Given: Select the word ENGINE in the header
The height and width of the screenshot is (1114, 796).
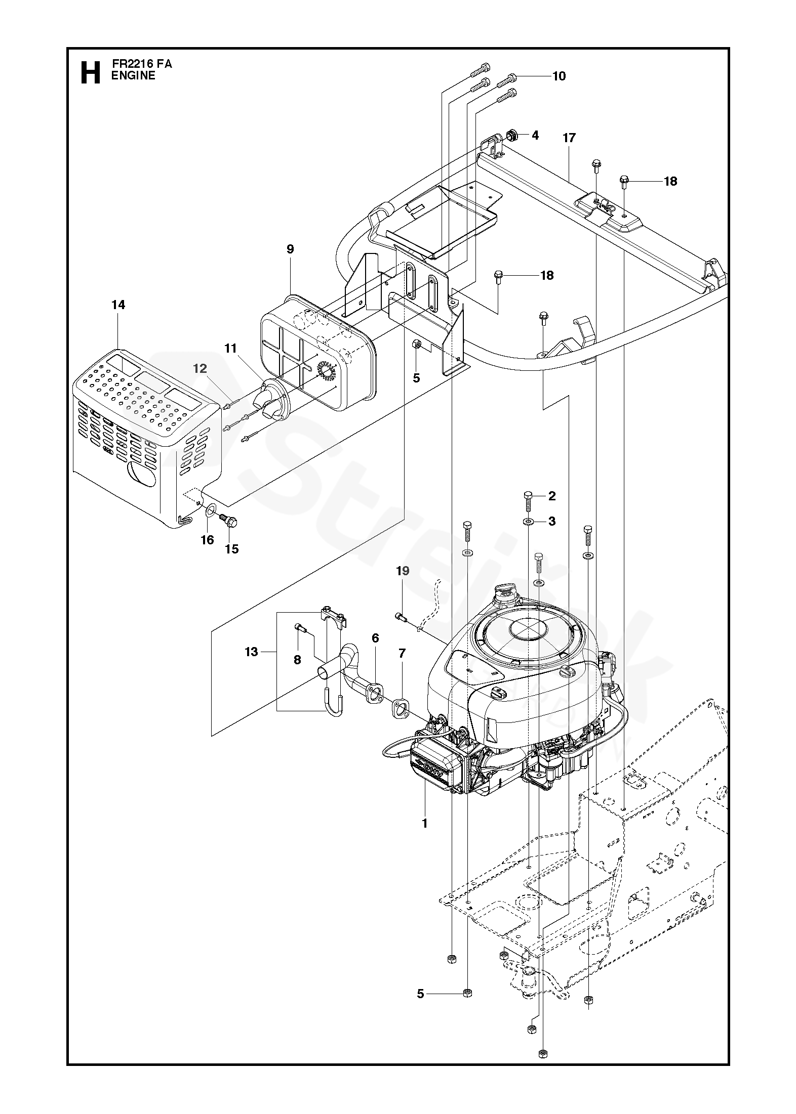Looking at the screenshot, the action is pyautogui.click(x=134, y=76).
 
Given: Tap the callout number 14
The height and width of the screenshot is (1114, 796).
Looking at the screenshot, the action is pyautogui.click(x=118, y=305).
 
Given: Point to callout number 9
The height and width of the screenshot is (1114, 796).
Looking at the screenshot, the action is pyautogui.click(x=290, y=249).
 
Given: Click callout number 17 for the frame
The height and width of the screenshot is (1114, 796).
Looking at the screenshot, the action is pyautogui.click(x=569, y=138).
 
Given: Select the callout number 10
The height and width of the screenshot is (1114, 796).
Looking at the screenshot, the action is pyautogui.click(x=559, y=76).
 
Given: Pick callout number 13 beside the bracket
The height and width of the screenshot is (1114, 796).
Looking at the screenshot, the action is pyautogui.click(x=252, y=652).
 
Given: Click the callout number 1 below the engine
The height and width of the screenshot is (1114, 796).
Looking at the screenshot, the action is pyautogui.click(x=425, y=824).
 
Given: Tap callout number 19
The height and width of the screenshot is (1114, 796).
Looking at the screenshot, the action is pyautogui.click(x=403, y=571).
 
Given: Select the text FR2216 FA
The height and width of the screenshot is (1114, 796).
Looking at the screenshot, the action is pyautogui.click(x=142, y=65).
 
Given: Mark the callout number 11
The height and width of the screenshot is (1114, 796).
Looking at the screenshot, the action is pyautogui.click(x=231, y=348).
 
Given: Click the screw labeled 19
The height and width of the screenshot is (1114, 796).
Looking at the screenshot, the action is pyautogui.click(x=400, y=616).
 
